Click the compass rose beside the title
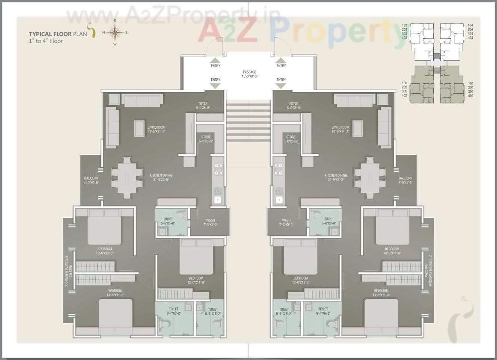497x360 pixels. click(x=115, y=33)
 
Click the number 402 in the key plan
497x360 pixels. click(x=404, y=95)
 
